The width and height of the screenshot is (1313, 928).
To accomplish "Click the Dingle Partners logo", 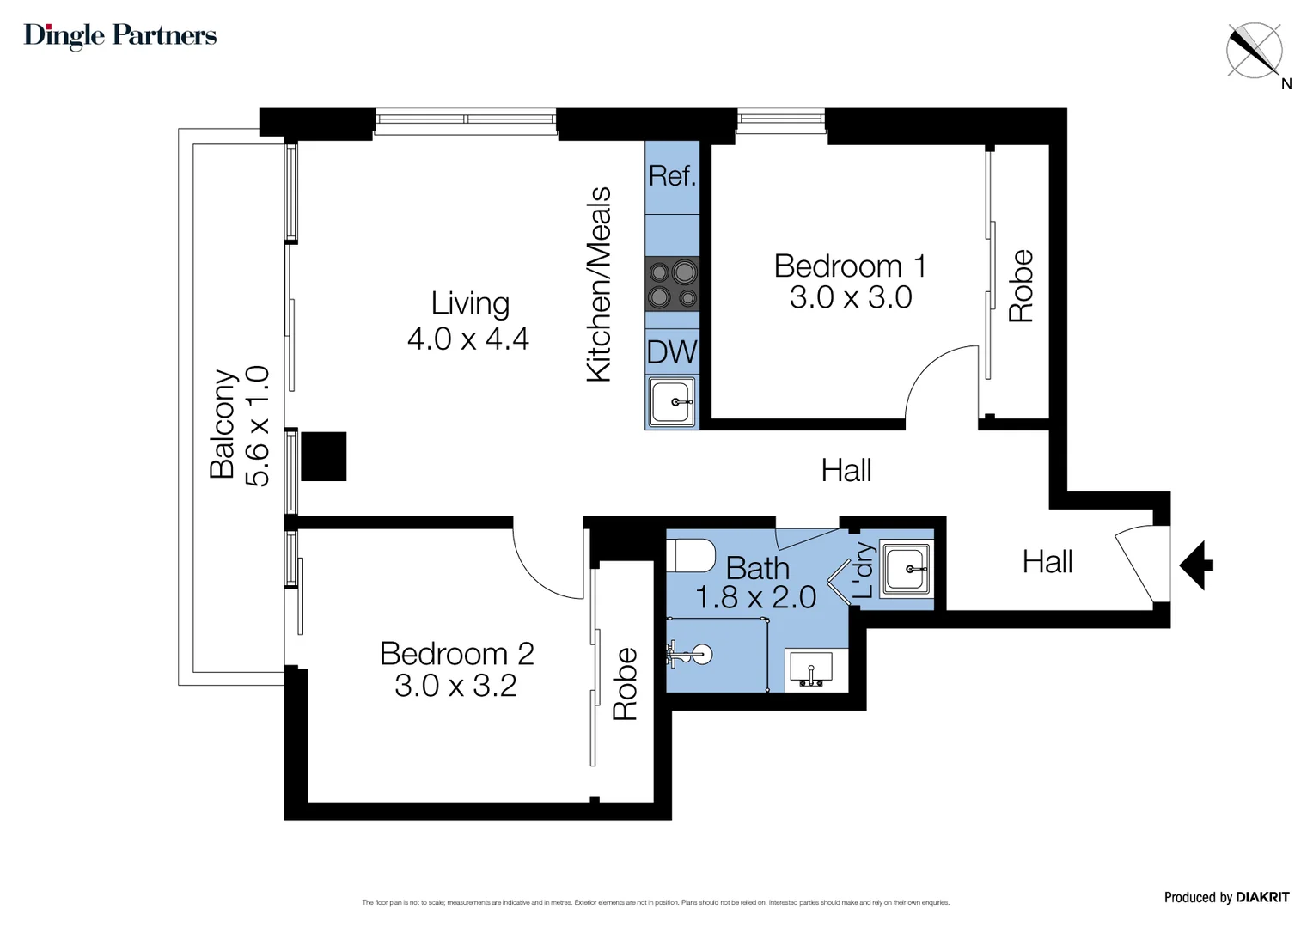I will click(x=120, y=35).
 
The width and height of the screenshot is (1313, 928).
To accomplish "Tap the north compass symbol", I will click(x=1255, y=51).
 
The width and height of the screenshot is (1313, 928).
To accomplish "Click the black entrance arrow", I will click(x=1196, y=565).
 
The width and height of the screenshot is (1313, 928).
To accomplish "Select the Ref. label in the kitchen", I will click(x=672, y=176).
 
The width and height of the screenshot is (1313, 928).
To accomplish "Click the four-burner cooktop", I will click(x=672, y=284).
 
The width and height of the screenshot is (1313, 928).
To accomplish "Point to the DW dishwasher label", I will click(x=672, y=352).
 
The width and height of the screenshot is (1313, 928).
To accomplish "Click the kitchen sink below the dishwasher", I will click(x=672, y=402).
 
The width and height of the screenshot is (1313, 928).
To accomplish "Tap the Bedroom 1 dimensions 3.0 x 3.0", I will click(x=850, y=297).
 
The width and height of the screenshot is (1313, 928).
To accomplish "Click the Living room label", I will click(x=470, y=303).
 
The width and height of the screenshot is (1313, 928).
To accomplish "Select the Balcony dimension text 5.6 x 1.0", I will click(x=258, y=426).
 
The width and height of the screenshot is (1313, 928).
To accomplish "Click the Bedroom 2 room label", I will click(x=456, y=654).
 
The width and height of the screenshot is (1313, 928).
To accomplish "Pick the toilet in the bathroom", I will click(x=692, y=555).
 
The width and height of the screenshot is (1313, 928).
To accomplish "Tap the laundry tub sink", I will click(x=907, y=568).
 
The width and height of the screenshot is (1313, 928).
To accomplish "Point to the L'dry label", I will click(x=864, y=570).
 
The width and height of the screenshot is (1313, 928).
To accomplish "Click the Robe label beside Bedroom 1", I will click(x=1021, y=286).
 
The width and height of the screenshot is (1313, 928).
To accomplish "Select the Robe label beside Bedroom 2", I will click(x=625, y=684).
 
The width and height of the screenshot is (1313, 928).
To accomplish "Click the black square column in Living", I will click(x=324, y=456).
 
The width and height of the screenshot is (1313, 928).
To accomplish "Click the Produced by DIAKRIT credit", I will click(x=1226, y=897).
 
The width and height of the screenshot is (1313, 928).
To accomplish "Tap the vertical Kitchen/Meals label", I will click(x=598, y=284).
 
